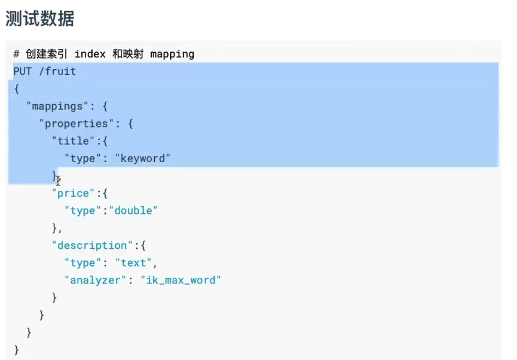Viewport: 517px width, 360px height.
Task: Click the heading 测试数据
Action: (40, 19)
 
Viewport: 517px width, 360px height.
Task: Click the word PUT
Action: (22, 71)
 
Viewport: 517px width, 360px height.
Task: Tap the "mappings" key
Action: (54, 106)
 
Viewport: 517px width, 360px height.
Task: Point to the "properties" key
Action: (76, 124)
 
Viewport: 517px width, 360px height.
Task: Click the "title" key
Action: (70, 141)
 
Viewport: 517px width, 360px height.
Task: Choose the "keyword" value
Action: (143, 158)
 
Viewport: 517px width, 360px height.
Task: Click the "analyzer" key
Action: (94, 280)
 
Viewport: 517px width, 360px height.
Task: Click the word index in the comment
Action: (90, 54)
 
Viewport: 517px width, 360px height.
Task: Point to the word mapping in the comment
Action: (172, 54)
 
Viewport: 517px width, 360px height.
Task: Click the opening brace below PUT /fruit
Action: (16, 89)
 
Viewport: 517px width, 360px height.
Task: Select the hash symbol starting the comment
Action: (16, 54)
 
